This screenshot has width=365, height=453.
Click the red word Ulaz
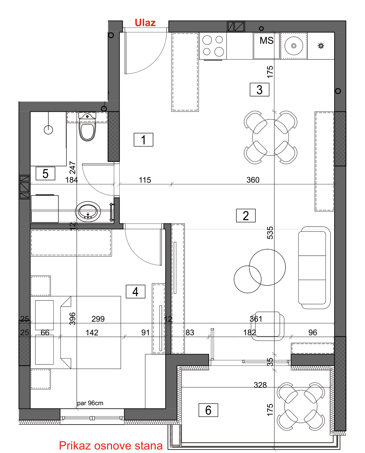pos(145,23)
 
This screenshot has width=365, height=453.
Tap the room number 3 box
pos(259,90)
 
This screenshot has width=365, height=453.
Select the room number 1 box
pos(143,140)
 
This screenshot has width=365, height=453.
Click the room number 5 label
pos(45,173)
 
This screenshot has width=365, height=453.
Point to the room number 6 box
pos(208,410)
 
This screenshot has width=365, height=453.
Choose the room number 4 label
pos(135,292)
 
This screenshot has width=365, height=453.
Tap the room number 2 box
pos(246,216)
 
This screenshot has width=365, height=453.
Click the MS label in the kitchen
pos(266,40)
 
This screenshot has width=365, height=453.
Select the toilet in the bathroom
pos(87,127)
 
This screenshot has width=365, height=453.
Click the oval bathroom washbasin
pos(88,212)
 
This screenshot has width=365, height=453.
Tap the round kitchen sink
pos(294,45)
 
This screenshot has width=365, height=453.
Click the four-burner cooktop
pos(213,46)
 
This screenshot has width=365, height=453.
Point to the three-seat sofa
pos(314,267)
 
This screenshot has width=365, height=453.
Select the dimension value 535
pos(270,233)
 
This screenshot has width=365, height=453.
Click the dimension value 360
pos(253,180)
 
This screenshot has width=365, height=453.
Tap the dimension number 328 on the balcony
pos(260,385)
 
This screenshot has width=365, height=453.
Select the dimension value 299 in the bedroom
pos(98,319)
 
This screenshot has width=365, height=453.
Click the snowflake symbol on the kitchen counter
pos(321,46)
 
